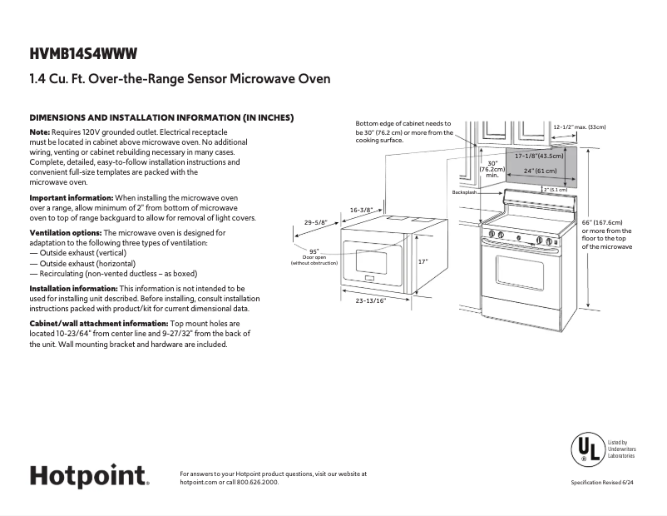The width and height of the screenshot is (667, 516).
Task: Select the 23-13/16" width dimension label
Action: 371,300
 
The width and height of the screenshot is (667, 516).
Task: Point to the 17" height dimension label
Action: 422,261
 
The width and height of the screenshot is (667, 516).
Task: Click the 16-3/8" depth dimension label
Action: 360,210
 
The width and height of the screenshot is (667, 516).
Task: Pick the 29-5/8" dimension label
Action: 315,222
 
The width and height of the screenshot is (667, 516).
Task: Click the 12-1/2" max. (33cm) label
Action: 580,127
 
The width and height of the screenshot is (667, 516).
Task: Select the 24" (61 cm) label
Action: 540,171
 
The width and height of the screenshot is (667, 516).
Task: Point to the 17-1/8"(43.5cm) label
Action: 539,156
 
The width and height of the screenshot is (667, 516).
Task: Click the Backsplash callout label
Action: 463,192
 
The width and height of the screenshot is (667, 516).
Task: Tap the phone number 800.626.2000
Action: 258,483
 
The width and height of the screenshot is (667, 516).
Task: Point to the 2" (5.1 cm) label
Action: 555,190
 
